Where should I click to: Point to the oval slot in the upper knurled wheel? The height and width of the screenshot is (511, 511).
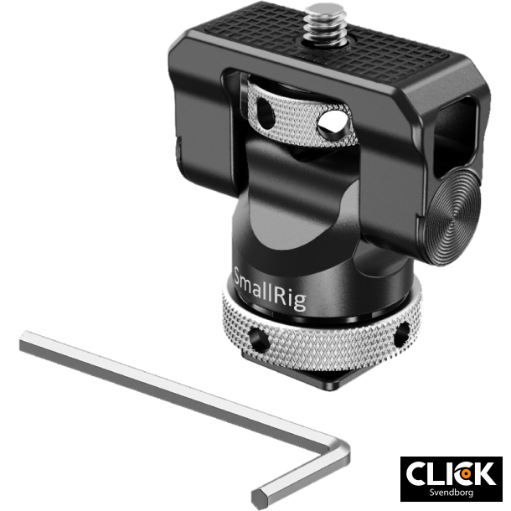267,108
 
